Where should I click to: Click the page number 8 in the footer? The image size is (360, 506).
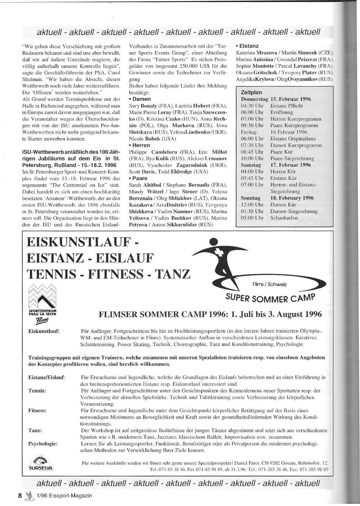(x=21, y=495)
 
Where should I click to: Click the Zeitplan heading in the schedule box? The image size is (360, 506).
(x=251, y=92)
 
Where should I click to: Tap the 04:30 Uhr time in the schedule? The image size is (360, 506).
(x=252, y=106)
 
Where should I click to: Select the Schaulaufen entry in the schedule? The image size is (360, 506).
(x=284, y=218)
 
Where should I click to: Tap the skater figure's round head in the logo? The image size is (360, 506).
(x=214, y=242)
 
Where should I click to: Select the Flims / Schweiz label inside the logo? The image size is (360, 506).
(x=270, y=284)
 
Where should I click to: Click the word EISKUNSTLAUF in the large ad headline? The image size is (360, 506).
(x=78, y=242)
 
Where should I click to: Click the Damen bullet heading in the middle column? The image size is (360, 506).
(x=141, y=99)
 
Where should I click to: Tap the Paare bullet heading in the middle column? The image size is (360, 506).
(x=140, y=178)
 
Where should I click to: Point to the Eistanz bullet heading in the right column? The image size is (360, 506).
(x=248, y=46)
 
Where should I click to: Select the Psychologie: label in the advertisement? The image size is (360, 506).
(x=43, y=444)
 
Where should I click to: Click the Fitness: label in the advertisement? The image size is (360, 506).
(x=37, y=410)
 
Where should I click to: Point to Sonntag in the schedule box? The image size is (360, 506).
(x=251, y=198)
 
